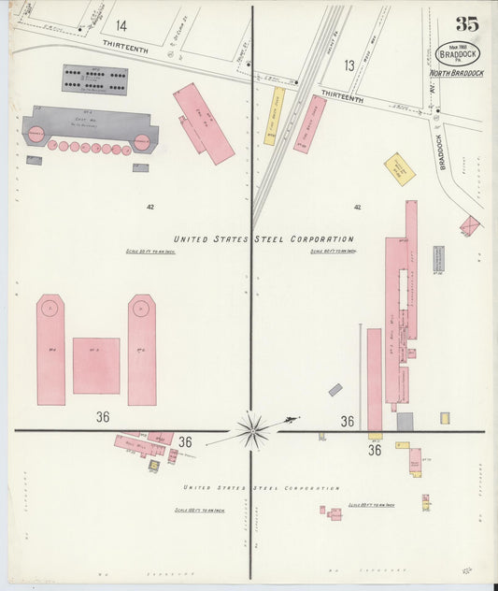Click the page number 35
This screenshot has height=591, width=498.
(x=467, y=24)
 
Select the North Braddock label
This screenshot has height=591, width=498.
(x=457, y=74)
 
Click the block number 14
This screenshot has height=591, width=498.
(x=121, y=25)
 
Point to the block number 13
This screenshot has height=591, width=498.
(x=349, y=65)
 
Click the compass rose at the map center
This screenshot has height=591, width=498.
(x=252, y=430)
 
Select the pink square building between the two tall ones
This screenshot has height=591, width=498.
(x=96, y=365)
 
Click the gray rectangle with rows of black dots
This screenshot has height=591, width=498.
(x=94, y=79)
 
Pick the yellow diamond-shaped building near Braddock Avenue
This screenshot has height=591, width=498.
(x=400, y=168)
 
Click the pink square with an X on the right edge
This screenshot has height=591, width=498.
(x=470, y=225)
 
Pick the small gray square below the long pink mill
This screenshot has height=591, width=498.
(x=405, y=422)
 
